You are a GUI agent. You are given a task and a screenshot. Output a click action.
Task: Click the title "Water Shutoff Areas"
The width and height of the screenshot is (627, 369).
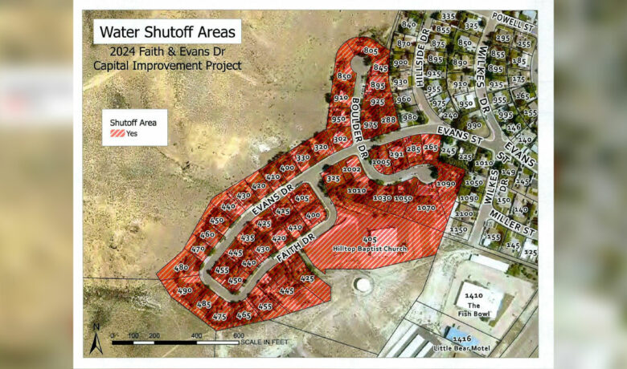(167, 32)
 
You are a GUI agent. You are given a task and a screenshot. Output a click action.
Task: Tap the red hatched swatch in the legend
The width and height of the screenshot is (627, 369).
(116, 134)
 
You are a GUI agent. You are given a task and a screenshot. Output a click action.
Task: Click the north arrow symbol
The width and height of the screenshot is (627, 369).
(96, 340)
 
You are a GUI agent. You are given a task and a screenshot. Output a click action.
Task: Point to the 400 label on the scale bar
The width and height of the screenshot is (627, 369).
(196, 335)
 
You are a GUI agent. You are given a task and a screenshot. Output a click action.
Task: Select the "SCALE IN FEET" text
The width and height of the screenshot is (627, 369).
(264, 343)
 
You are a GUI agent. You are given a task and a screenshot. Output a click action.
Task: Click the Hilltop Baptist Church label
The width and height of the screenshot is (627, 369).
(371, 249)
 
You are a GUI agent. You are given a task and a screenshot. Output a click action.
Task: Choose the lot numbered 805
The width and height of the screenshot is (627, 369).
(371, 51)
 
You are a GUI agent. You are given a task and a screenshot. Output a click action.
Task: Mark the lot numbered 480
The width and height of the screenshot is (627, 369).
(181, 267)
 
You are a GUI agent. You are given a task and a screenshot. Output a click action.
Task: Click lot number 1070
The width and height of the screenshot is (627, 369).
(426, 208)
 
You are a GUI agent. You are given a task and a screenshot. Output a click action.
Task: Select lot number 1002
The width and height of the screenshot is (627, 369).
(351, 170)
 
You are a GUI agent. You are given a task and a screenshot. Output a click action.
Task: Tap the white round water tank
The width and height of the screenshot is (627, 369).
(363, 285)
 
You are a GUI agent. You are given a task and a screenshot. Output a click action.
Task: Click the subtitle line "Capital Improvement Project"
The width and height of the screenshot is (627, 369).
(167, 65)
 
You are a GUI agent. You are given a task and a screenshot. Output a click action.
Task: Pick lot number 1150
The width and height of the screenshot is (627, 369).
(458, 229)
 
